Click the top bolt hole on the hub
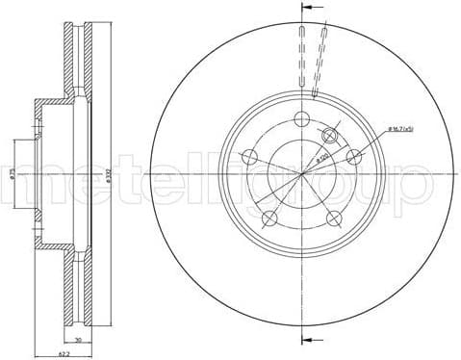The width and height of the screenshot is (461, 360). (x=301, y=118)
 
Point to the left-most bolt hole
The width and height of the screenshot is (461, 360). (x=249, y=156)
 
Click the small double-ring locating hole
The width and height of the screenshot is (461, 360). (x=331, y=136)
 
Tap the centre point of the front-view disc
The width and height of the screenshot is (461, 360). (x=301, y=173)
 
